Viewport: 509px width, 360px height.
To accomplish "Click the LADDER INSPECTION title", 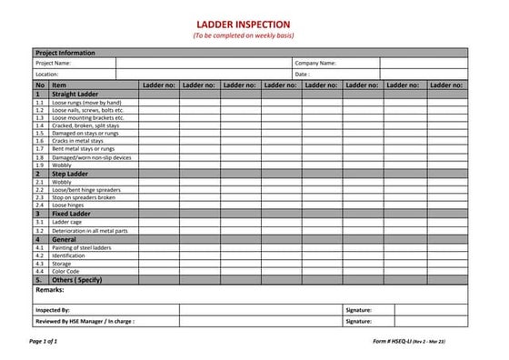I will pyautogui.click(x=244, y=24).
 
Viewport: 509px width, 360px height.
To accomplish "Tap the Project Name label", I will pyautogui.click(x=54, y=64).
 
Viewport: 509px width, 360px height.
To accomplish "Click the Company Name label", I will pyautogui.click(x=315, y=64).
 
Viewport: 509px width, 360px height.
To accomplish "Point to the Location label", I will pyautogui.click(x=47, y=75).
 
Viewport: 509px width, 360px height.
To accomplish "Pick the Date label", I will pyautogui.click(x=303, y=75).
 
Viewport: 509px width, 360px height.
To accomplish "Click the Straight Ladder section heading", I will pyautogui.click(x=75, y=94).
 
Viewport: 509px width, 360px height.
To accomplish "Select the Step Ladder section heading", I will pyautogui.click(x=70, y=173).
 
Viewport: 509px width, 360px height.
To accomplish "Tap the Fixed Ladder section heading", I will pyautogui.click(x=71, y=214).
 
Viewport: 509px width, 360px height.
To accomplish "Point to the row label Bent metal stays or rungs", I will pyautogui.click(x=84, y=149).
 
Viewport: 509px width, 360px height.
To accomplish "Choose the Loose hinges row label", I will pyautogui.click(x=69, y=205).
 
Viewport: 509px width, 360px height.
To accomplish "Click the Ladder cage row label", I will pyautogui.click(x=67, y=222).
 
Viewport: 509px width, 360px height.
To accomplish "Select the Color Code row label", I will pyautogui.click(x=65, y=271).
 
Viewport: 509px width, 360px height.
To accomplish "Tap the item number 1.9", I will pyautogui.click(x=40, y=165).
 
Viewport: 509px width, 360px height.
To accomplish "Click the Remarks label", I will pyautogui.click(x=50, y=289).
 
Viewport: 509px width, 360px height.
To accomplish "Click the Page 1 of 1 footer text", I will pyautogui.click(x=43, y=340).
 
